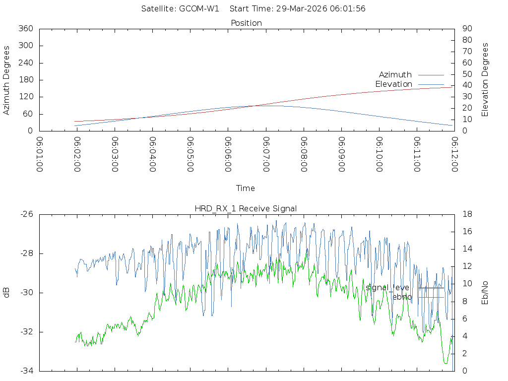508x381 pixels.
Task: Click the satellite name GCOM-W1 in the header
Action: click(199, 8)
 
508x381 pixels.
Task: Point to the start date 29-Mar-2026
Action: click(302, 8)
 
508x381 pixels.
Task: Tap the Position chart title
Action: click(247, 23)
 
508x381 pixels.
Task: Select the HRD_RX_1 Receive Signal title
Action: click(246, 208)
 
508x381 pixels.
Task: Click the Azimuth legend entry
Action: click(395, 74)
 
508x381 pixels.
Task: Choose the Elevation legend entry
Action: click(393, 84)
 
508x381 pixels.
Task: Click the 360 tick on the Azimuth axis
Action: click(25, 29)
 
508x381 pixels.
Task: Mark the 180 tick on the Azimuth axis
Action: click(25, 80)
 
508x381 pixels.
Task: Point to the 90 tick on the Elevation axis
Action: click(466, 29)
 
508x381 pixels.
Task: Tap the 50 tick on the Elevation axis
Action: click(466, 74)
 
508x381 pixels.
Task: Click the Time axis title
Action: click(246, 188)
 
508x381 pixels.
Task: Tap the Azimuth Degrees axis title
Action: click(7, 80)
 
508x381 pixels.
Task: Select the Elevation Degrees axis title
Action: click(485, 80)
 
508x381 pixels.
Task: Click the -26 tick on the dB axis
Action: click(26, 214)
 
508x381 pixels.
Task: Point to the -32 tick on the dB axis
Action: click(26, 332)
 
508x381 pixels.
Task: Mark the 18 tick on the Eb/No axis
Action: click(466, 214)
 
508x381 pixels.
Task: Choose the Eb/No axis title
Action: click(485, 293)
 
